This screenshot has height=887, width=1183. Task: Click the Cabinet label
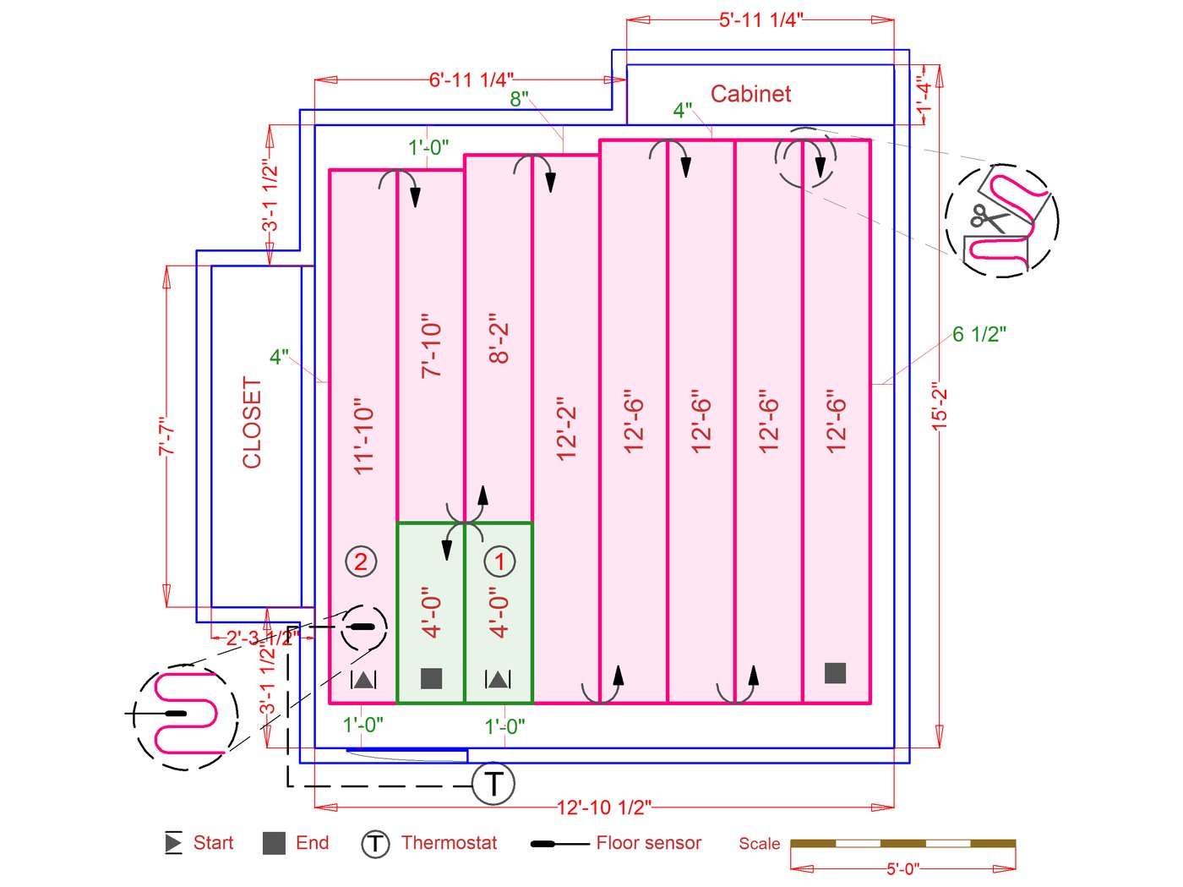(750, 94)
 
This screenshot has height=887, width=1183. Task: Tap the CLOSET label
(252, 423)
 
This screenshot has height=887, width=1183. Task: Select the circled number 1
(499, 561)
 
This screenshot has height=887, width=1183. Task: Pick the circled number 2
(361, 561)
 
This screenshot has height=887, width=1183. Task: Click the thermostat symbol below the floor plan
(493, 784)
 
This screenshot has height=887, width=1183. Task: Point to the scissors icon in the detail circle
(989, 218)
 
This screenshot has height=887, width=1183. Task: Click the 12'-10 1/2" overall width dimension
(603, 808)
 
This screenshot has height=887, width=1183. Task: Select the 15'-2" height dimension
(939, 407)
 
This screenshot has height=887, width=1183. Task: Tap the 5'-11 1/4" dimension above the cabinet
(760, 20)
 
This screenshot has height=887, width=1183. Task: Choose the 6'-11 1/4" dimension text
(471, 80)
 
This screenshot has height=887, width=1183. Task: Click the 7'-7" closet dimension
(167, 436)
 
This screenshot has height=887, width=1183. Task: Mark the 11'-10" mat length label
(363, 436)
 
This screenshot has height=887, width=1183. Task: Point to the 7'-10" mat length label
(431, 348)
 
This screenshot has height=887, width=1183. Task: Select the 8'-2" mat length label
(499, 339)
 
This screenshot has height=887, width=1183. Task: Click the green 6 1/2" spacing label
(979, 335)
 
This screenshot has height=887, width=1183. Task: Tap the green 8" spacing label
(519, 100)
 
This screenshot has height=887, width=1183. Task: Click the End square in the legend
(274, 843)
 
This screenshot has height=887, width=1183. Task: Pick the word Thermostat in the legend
(449, 843)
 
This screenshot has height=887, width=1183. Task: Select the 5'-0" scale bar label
(902, 869)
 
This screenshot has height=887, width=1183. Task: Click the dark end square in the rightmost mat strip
(835, 673)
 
